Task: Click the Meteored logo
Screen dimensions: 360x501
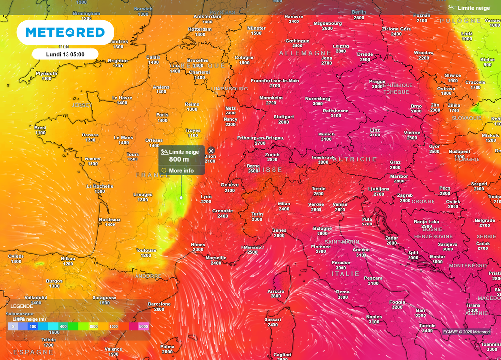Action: [x=65, y=32]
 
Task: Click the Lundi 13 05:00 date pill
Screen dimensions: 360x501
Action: [x=65, y=54]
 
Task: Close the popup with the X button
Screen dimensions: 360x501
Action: [x=211, y=151]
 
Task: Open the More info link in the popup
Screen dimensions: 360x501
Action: [x=181, y=171]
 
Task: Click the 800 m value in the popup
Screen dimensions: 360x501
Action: [x=179, y=159]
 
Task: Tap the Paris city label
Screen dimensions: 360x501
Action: [x=162, y=115]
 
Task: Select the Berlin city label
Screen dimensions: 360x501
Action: [x=359, y=12]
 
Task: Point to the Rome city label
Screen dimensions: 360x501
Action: [x=343, y=292]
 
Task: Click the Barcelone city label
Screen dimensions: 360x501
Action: [x=159, y=304]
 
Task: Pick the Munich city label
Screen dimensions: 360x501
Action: [x=326, y=134]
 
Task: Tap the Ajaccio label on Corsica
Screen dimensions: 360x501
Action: [x=276, y=291]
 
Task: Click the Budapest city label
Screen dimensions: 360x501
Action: [x=459, y=151]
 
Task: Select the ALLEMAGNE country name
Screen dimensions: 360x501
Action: [x=305, y=53]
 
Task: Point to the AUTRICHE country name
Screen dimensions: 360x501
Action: [x=355, y=159]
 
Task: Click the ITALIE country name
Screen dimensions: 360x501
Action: [x=345, y=274]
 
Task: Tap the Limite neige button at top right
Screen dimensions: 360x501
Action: [x=469, y=8]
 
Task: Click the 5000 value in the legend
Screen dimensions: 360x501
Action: [x=143, y=326]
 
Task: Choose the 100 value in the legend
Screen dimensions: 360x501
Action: [x=33, y=326]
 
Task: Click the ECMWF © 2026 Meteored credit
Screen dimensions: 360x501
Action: [x=466, y=332]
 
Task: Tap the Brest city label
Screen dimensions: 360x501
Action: [x=40, y=127]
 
